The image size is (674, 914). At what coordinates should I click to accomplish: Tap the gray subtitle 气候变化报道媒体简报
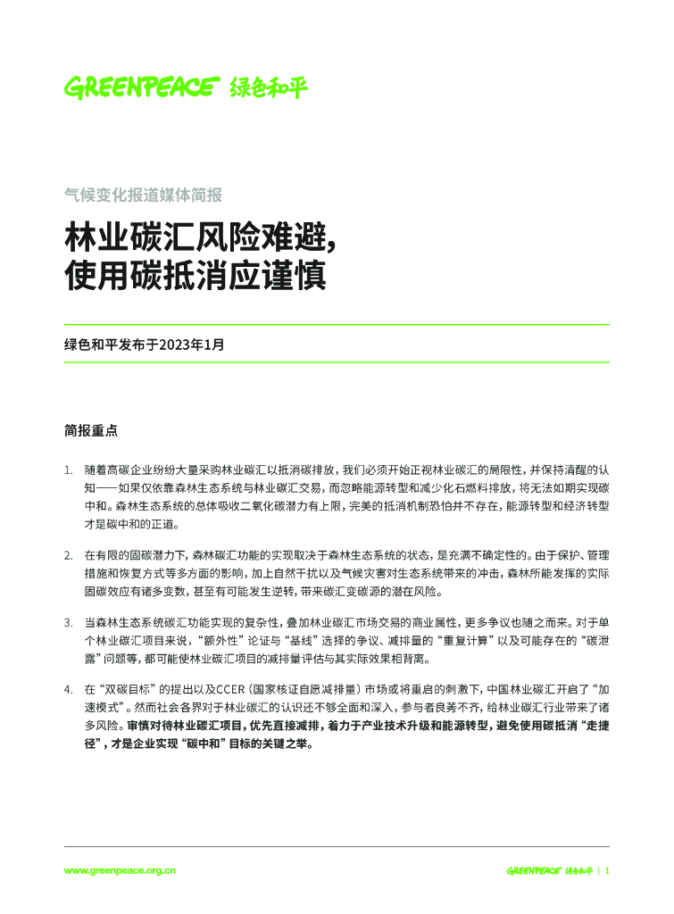(143, 194)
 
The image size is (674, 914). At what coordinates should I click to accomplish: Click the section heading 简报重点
(90, 429)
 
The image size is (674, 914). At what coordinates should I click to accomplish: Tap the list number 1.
(68, 469)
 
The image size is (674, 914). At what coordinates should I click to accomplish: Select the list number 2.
(68, 555)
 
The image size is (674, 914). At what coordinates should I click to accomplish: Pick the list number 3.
(68, 622)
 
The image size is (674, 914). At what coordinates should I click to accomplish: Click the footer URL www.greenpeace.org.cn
(120, 870)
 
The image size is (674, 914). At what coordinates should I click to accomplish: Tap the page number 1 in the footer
(608, 870)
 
